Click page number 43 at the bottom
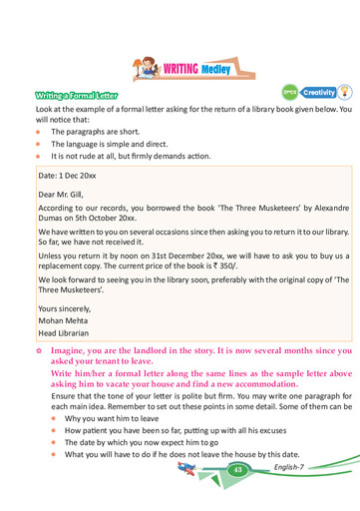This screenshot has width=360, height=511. click(x=238, y=469)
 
